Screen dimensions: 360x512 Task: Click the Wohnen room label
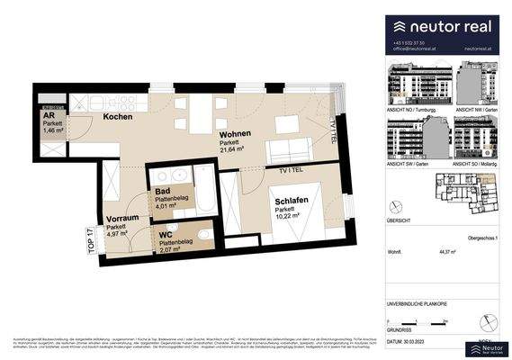[235, 134]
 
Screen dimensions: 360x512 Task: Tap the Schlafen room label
[292, 202]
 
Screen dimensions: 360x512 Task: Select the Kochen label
[119, 118]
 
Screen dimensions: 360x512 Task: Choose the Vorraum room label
[121, 219]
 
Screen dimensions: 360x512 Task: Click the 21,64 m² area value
[236, 151]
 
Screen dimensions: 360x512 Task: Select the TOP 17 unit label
[89, 244]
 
